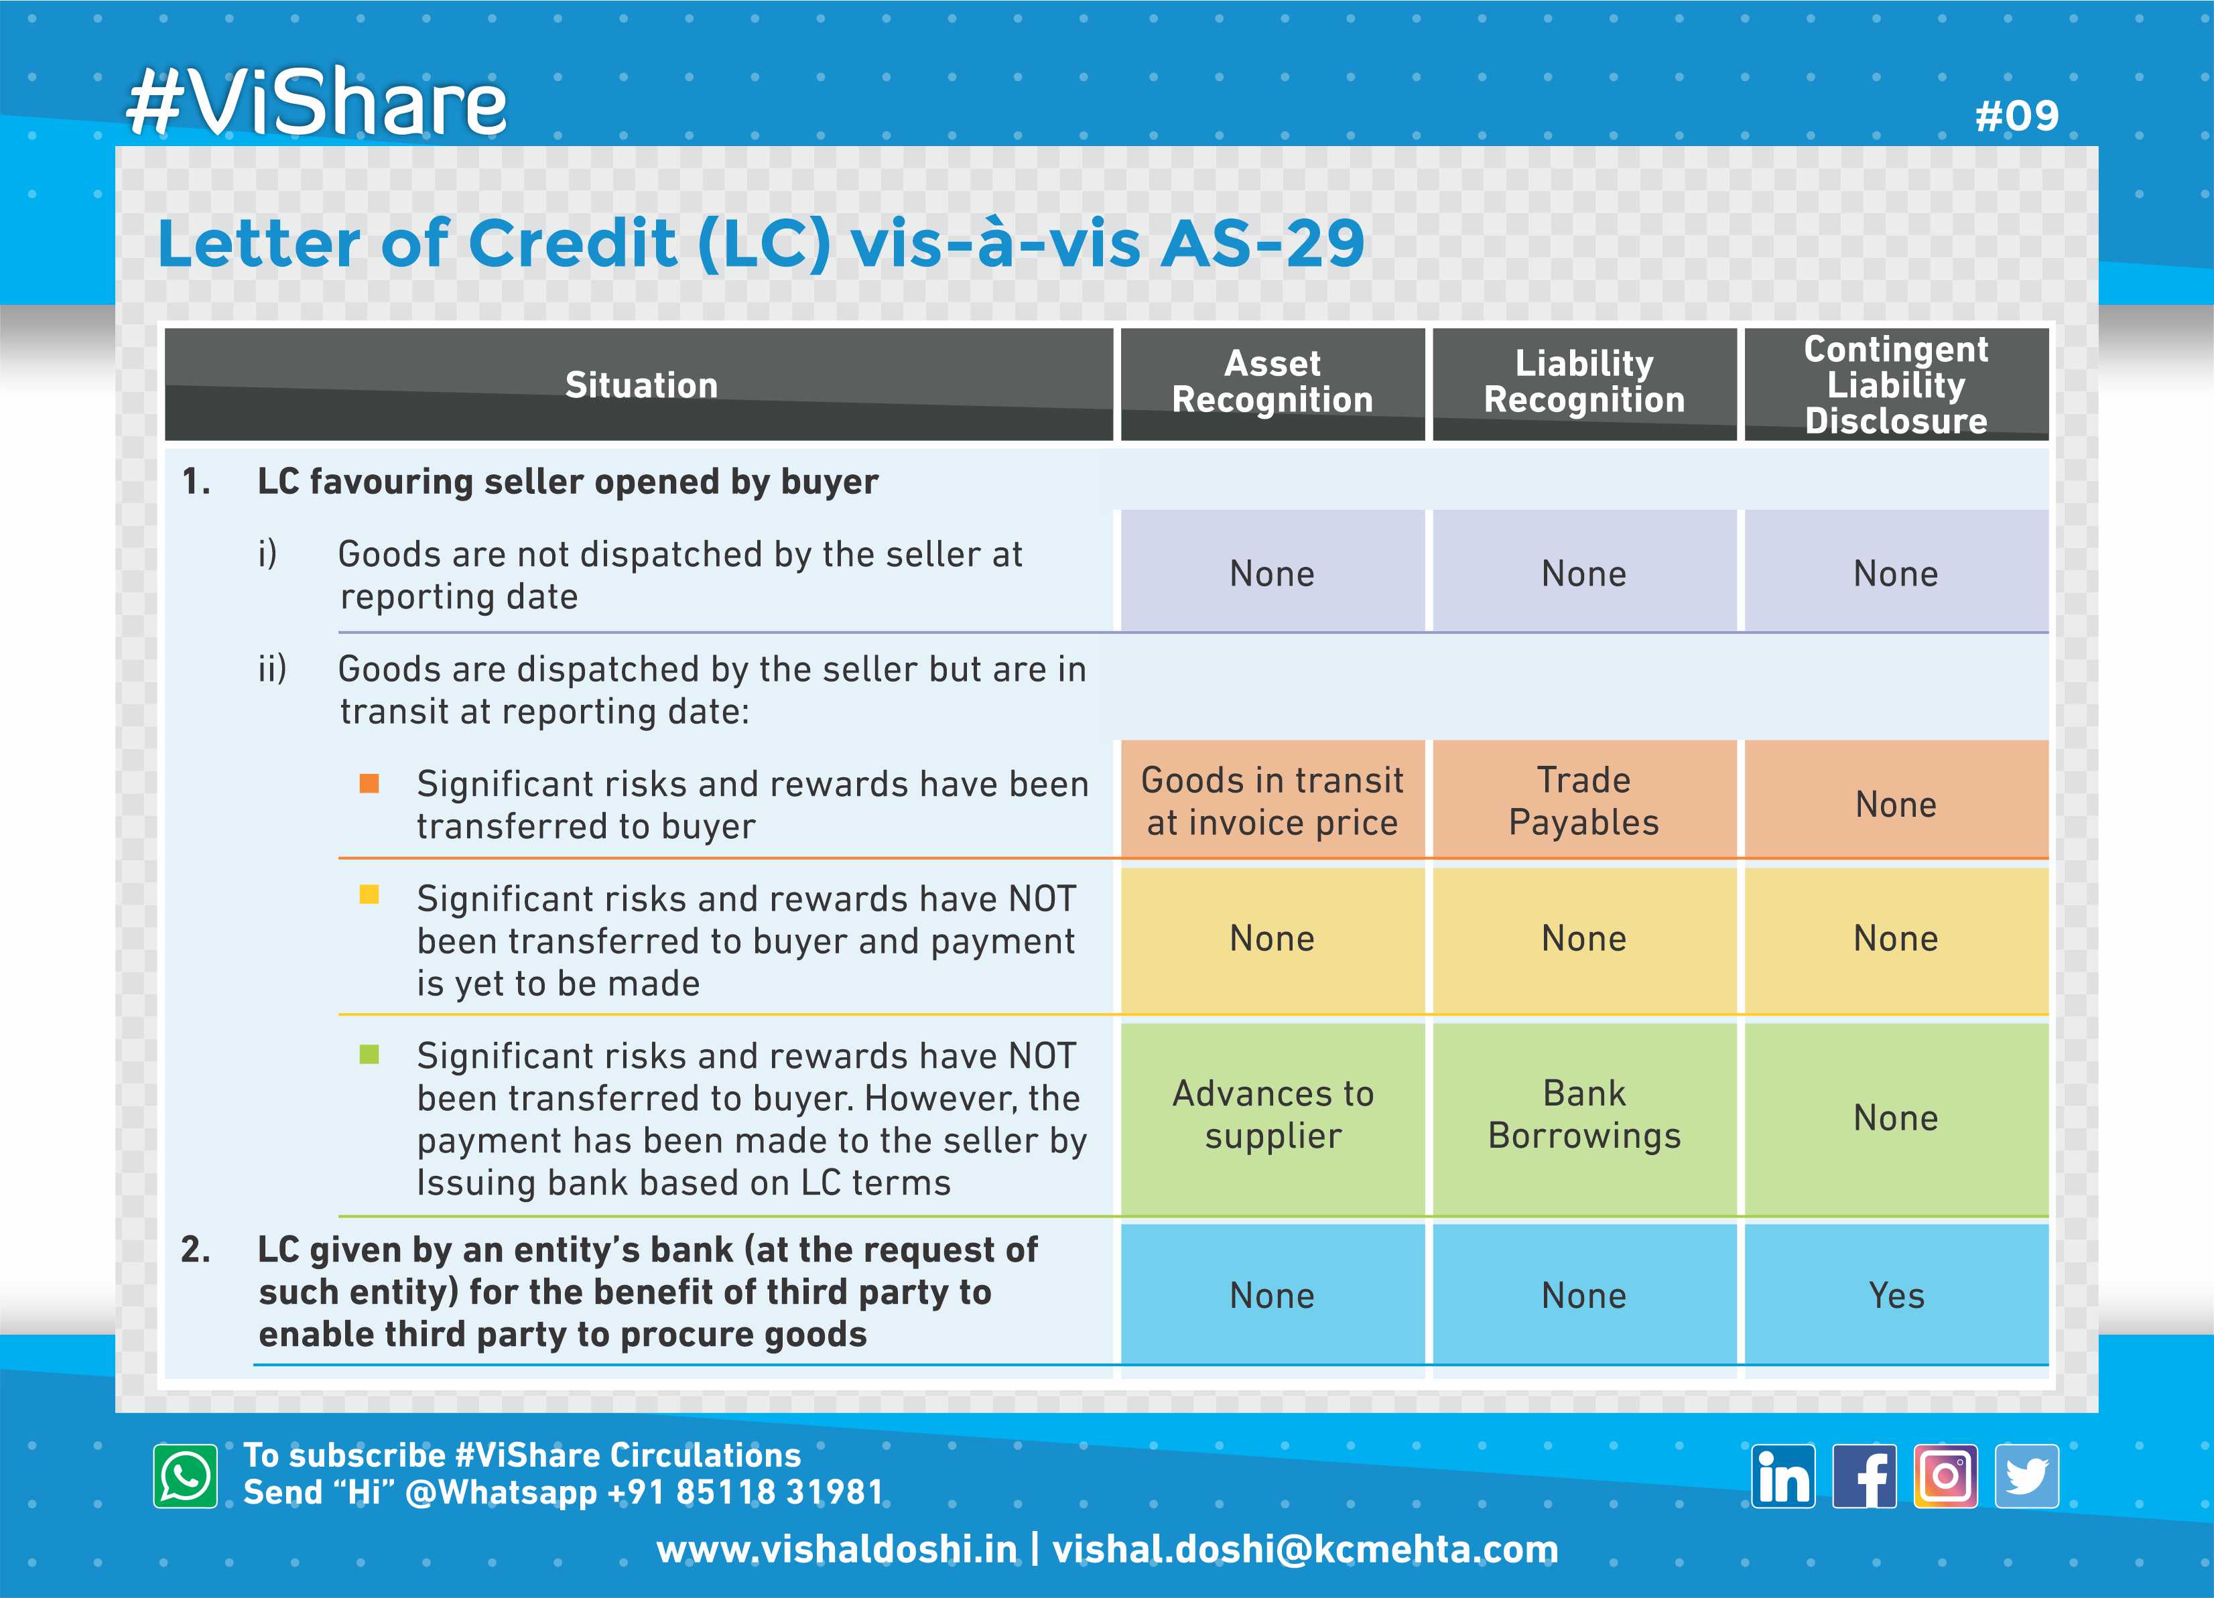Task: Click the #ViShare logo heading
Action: (316, 102)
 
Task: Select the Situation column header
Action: (641, 385)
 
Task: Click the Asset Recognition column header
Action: (1272, 382)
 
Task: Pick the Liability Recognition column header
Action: (1584, 382)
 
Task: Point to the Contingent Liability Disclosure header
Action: (1896, 385)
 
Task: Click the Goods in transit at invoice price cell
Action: (1272, 801)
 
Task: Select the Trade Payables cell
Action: (1584, 801)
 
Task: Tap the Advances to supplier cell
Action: (1272, 1115)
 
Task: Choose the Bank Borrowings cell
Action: (1584, 1115)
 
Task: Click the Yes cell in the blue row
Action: (1896, 1295)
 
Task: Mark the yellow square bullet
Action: (369, 894)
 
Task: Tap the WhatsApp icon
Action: (186, 1476)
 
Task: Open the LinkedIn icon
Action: (1782, 1476)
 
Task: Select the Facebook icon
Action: (1864, 1476)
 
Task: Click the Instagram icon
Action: (1945, 1476)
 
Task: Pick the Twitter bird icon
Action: (2026, 1476)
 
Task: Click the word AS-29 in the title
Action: (1262, 243)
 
